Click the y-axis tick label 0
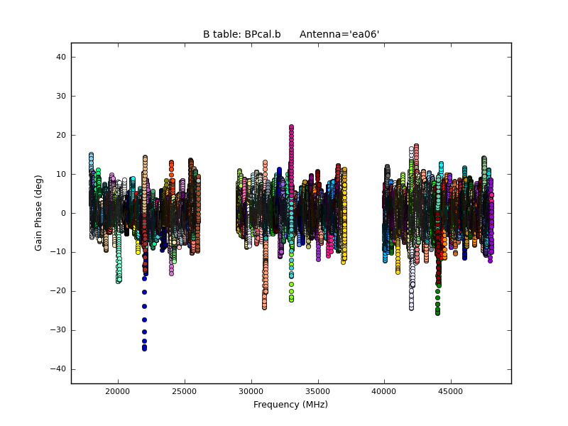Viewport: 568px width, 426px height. point(63,213)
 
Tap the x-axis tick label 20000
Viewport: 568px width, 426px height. point(117,391)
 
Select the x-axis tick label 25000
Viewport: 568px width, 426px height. point(184,391)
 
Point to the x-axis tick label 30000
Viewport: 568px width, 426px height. point(251,391)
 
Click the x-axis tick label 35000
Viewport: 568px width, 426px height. point(317,391)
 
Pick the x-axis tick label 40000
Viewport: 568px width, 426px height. point(384,391)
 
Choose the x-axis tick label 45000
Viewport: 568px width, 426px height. point(451,391)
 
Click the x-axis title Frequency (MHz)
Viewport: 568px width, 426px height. point(290,405)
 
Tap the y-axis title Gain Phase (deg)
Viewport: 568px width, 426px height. point(39,213)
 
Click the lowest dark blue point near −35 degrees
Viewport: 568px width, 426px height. point(144,349)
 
